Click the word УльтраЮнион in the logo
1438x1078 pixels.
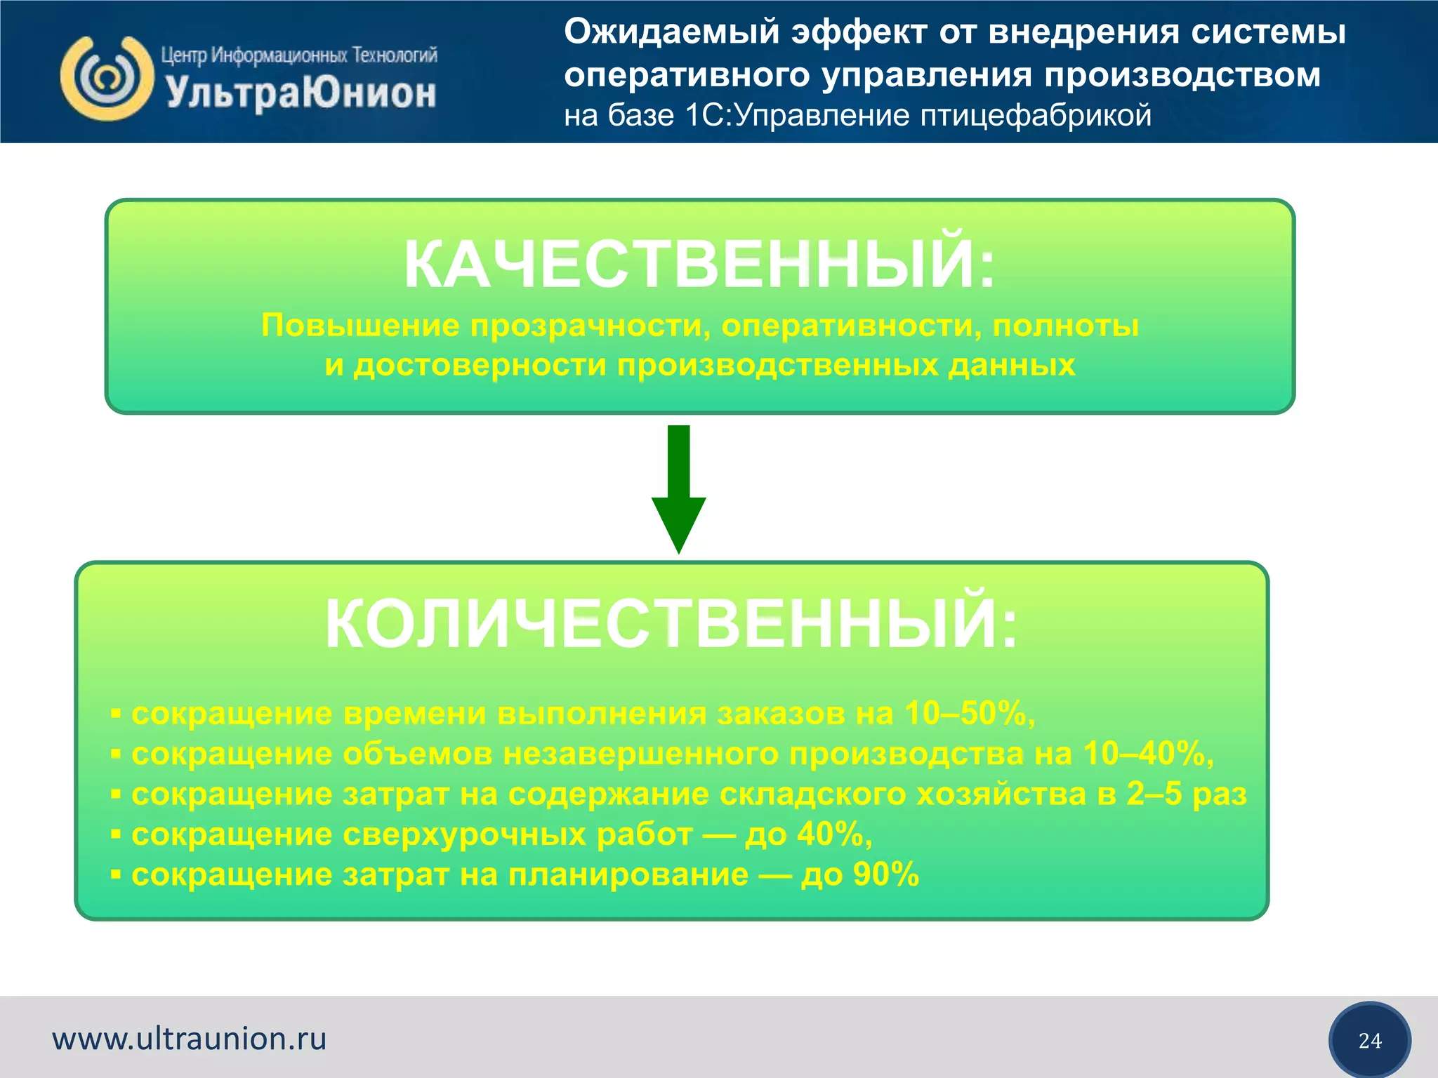coord(301,93)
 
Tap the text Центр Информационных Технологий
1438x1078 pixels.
coord(299,55)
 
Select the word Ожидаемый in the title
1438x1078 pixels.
coord(672,32)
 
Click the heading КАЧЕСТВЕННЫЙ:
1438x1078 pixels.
coord(699,264)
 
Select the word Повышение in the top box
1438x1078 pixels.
coord(360,326)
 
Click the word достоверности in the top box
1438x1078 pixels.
coord(480,366)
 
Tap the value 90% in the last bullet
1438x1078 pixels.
coord(885,874)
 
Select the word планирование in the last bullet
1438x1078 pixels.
coord(628,875)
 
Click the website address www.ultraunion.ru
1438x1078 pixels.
coord(190,1039)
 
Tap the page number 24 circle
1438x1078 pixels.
coord(1369,1040)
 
